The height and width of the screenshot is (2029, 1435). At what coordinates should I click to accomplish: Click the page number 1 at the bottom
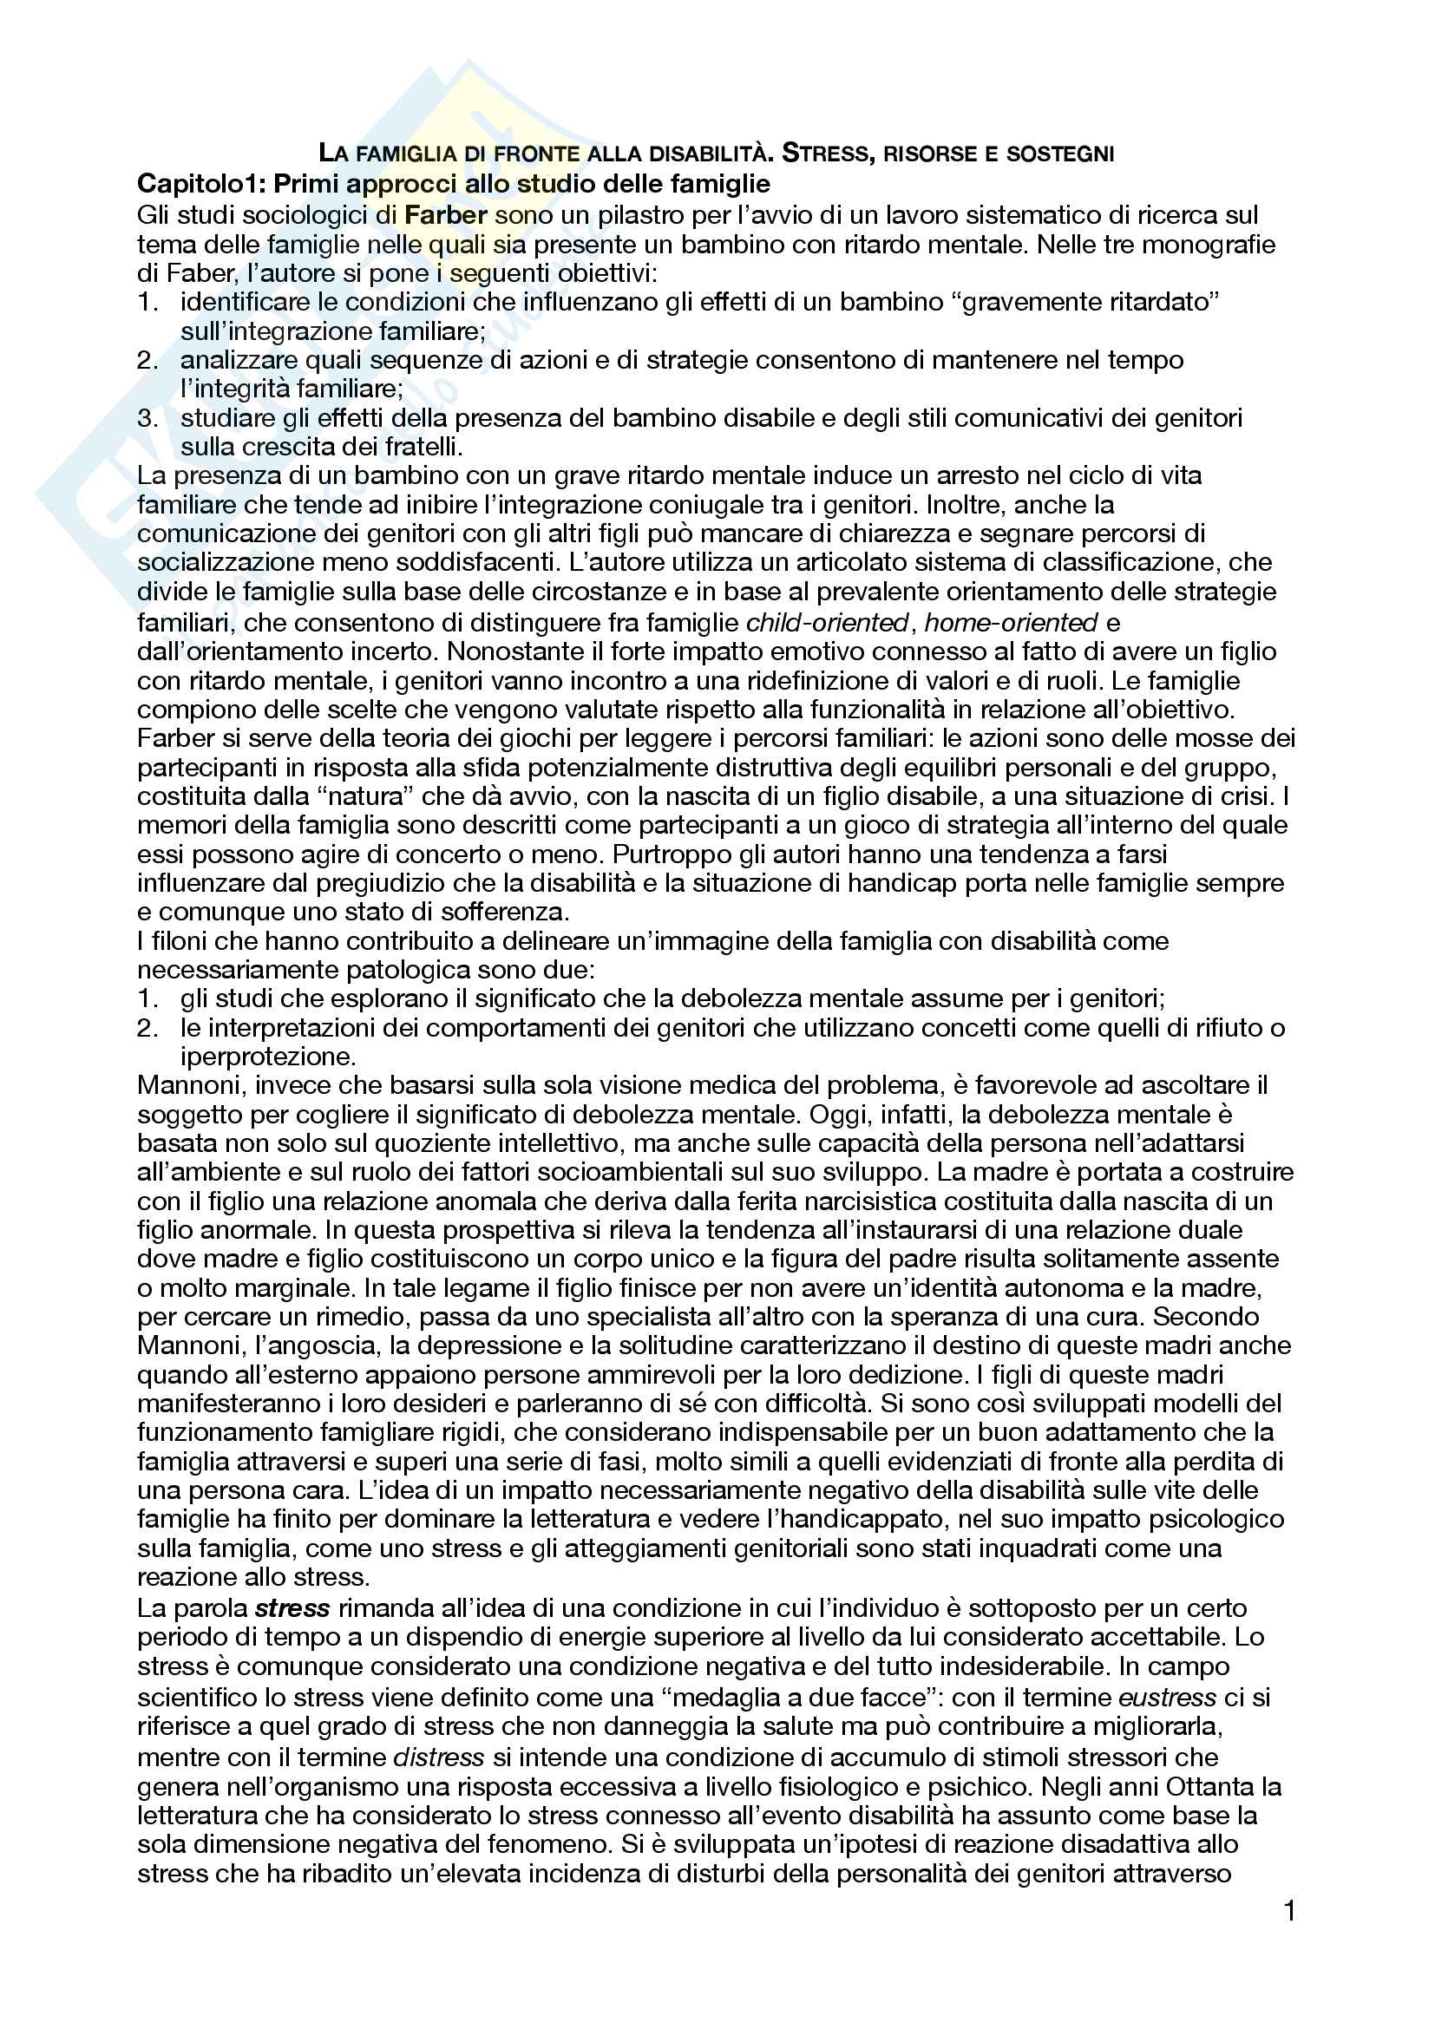click(1289, 1912)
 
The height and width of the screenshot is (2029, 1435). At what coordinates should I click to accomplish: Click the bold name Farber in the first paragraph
click(446, 215)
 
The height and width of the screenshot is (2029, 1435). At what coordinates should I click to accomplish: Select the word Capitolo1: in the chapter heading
click(201, 184)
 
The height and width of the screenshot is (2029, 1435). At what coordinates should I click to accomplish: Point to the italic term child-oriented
click(827, 623)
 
